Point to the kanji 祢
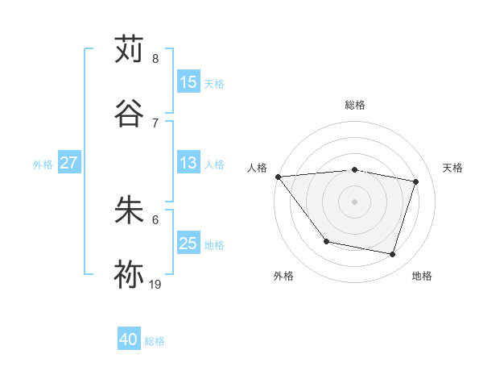click(x=129, y=274)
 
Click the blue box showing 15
click(x=188, y=82)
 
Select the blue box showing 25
click(x=188, y=244)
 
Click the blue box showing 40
click(x=129, y=340)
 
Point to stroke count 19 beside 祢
click(x=156, y=284)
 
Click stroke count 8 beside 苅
click(x=155, y=59)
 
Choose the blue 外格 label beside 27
click(x=43, y=165)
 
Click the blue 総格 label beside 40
click(x=155, y=341)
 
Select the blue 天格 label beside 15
click(x=213, y=83)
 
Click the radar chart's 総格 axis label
click(x=354, y=105)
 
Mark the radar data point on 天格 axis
click(x=416, y=181)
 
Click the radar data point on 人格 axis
click(x=278, y=177)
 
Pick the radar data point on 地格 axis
click(x=392, y=254)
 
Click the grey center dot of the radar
click(x=354, y=202)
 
